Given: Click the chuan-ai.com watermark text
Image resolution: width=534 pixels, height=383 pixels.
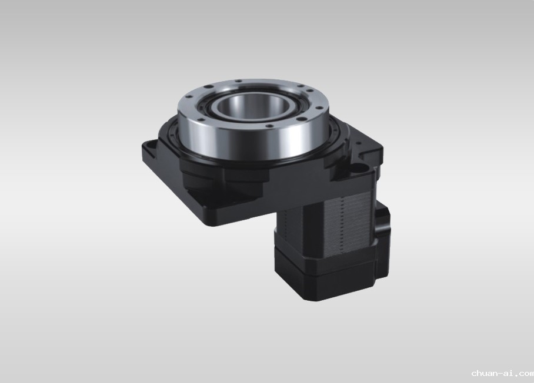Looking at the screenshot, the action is coord(503,374).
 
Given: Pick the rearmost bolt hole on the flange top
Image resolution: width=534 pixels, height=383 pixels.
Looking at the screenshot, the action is coord(238,81).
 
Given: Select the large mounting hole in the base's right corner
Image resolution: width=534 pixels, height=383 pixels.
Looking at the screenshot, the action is coord(357,167).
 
